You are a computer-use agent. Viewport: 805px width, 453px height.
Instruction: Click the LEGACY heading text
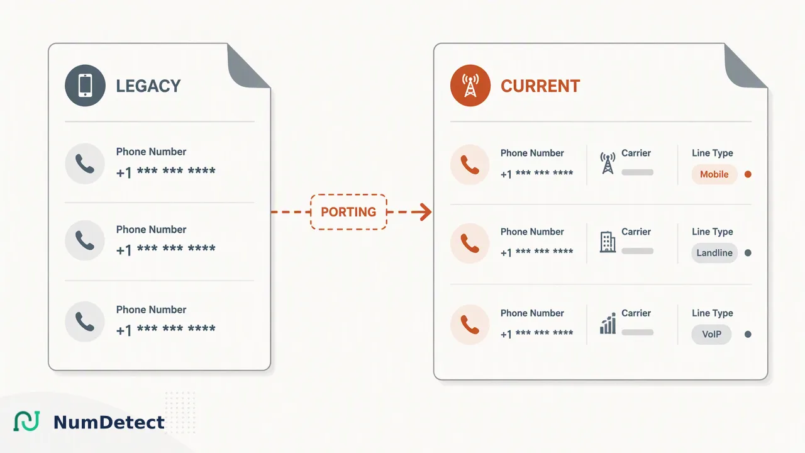pyautogui.click(x=148, y=86)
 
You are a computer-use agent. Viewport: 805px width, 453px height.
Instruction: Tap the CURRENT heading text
pyautogui.click(x=540, y=86)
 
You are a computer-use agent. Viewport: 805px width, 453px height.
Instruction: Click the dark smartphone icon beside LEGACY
pyautogui.click(x=85, y=86)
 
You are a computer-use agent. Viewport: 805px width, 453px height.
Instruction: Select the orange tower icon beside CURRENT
pyautogui.click(x=470, y=86)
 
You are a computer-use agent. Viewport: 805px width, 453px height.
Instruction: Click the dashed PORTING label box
pyautogui.click(x=348, y=212)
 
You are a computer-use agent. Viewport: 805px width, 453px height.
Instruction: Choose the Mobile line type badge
pyautogui.click(x=714, y=174)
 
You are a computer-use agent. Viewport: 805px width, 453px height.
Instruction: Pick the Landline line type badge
pyautogui.click(x=714, y=253)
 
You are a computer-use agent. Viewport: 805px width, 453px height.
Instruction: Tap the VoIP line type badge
pyautogui.click(x=711, y=334)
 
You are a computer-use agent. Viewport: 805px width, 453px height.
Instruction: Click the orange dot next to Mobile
pyautogui.click(x=748, y=174)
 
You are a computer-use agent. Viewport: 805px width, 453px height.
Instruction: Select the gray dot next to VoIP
pyautogui.click(x=748, y=334)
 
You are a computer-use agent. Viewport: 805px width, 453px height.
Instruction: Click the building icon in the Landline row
pyautogui.click(x=608, y=242)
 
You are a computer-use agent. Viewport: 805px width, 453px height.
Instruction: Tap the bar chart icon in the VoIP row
pyautogui.click(x=608, y=323)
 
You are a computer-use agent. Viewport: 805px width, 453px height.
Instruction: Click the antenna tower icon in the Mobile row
pyautogui.click(x=608, y=163)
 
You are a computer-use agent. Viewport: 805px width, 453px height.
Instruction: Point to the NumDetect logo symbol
pyautogui.click(x=26, y=421)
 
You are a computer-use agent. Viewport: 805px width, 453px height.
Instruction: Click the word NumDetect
pyautogui.click(x=109, y=422)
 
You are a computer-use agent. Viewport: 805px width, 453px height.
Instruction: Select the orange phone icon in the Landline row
pyautogui.click(x=470, y=243)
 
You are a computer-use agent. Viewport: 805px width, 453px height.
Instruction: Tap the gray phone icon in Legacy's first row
pyautogui.click(x=85, y=164)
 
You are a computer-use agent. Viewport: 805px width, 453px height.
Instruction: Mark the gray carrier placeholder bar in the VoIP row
pyautogui.click(x=638, y=332)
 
